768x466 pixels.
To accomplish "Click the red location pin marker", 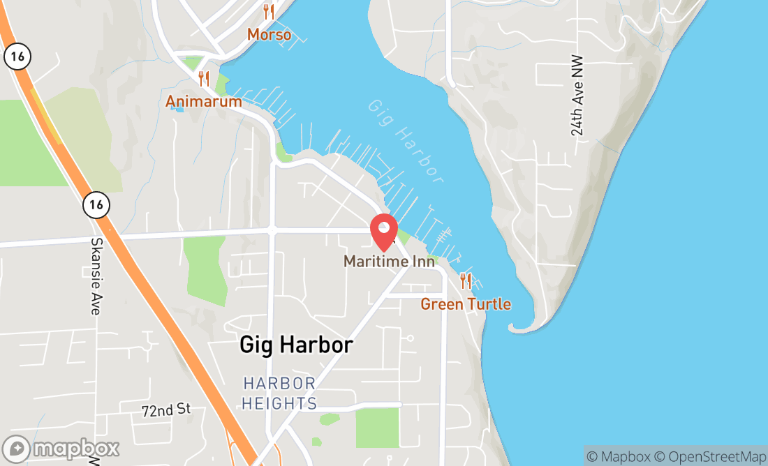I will point(384,231).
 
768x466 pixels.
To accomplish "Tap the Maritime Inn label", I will point(389,262).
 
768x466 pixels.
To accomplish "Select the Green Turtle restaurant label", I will point(465,304).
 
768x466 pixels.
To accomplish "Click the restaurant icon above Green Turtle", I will point(466,281).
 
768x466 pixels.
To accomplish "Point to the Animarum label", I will point(203,102).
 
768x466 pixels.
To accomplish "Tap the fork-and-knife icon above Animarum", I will point(204,78).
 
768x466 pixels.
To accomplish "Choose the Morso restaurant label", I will point(269,34).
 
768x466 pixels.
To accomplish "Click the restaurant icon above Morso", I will point(269,11).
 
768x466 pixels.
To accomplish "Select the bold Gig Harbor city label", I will point(296,345).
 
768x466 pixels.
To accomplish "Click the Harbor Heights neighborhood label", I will point(280,393).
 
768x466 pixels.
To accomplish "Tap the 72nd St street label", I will point(165,409).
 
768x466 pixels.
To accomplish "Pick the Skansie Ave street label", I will point(96,276).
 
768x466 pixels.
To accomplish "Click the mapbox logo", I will point(61,448).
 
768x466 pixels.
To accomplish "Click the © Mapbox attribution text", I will point(617,456).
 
